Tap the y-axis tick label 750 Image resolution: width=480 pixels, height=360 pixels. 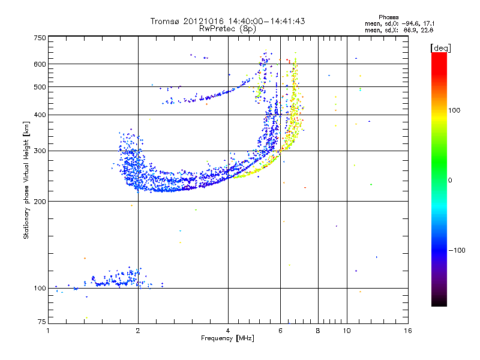point(40,38)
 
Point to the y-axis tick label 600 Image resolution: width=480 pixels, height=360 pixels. point(40,64)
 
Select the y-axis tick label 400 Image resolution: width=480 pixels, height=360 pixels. point(40,115)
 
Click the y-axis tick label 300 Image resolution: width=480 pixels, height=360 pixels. point(40,151)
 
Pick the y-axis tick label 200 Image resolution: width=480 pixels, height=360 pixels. point(40,202)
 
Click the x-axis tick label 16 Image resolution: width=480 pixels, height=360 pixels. point(408,331)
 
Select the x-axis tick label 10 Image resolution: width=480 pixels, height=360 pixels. point(347,331)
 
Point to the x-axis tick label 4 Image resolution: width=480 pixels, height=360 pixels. point(228,331)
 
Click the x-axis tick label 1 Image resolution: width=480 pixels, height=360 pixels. point(48,331)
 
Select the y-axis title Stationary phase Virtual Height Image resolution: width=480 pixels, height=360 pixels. point(26,180)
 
